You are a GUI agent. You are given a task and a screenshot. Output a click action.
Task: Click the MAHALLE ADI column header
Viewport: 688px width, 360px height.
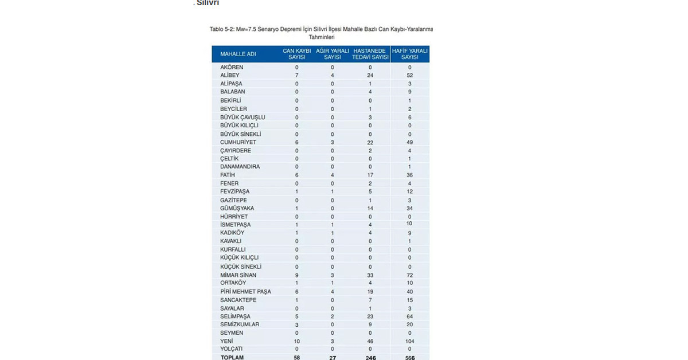click(237, 54)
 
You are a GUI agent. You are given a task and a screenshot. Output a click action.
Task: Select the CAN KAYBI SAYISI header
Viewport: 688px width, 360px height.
click(297, 54)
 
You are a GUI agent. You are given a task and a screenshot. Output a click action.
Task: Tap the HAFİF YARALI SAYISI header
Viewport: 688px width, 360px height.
click(409, 54)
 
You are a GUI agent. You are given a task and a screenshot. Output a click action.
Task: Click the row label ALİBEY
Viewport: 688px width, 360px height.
click(229, 75)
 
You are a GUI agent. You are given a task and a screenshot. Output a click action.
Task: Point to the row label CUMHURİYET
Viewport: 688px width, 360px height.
click(237, 142)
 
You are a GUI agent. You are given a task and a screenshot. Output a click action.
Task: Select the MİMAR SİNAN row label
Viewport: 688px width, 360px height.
click(237, 275)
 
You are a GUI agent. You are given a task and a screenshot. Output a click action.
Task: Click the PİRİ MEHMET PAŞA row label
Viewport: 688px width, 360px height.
click(245, 292)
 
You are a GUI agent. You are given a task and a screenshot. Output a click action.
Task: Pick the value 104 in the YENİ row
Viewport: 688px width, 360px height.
click(409, 341)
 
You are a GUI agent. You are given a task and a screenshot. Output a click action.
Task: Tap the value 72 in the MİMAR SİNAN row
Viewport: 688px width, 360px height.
click(409, 275)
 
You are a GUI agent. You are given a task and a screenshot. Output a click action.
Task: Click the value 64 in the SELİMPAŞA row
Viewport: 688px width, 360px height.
click(409, 316)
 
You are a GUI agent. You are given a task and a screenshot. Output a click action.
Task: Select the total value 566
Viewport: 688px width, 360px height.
click(409, 358)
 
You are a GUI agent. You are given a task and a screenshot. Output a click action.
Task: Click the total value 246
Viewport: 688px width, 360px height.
click(371, 358)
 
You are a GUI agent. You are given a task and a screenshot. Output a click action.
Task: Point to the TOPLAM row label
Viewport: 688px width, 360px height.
click(232, 358)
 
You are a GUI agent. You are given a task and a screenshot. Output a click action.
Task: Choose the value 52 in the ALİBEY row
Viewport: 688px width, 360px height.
click(409, 75)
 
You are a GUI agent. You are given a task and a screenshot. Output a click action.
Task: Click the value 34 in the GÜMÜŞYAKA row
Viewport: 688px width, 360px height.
click(409, 209)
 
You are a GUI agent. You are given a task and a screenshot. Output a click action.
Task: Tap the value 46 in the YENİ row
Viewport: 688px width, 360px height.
click(371, 341)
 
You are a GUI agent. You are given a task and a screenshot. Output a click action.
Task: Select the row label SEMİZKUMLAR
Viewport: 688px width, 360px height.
click(240, 324)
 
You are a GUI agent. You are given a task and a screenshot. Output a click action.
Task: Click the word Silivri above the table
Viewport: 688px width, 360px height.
click(208, 3)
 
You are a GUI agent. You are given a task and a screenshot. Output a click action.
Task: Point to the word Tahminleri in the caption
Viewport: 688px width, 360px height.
click(321, 37)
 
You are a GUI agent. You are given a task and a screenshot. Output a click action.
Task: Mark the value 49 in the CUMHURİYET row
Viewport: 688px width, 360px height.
click(409, 142)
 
